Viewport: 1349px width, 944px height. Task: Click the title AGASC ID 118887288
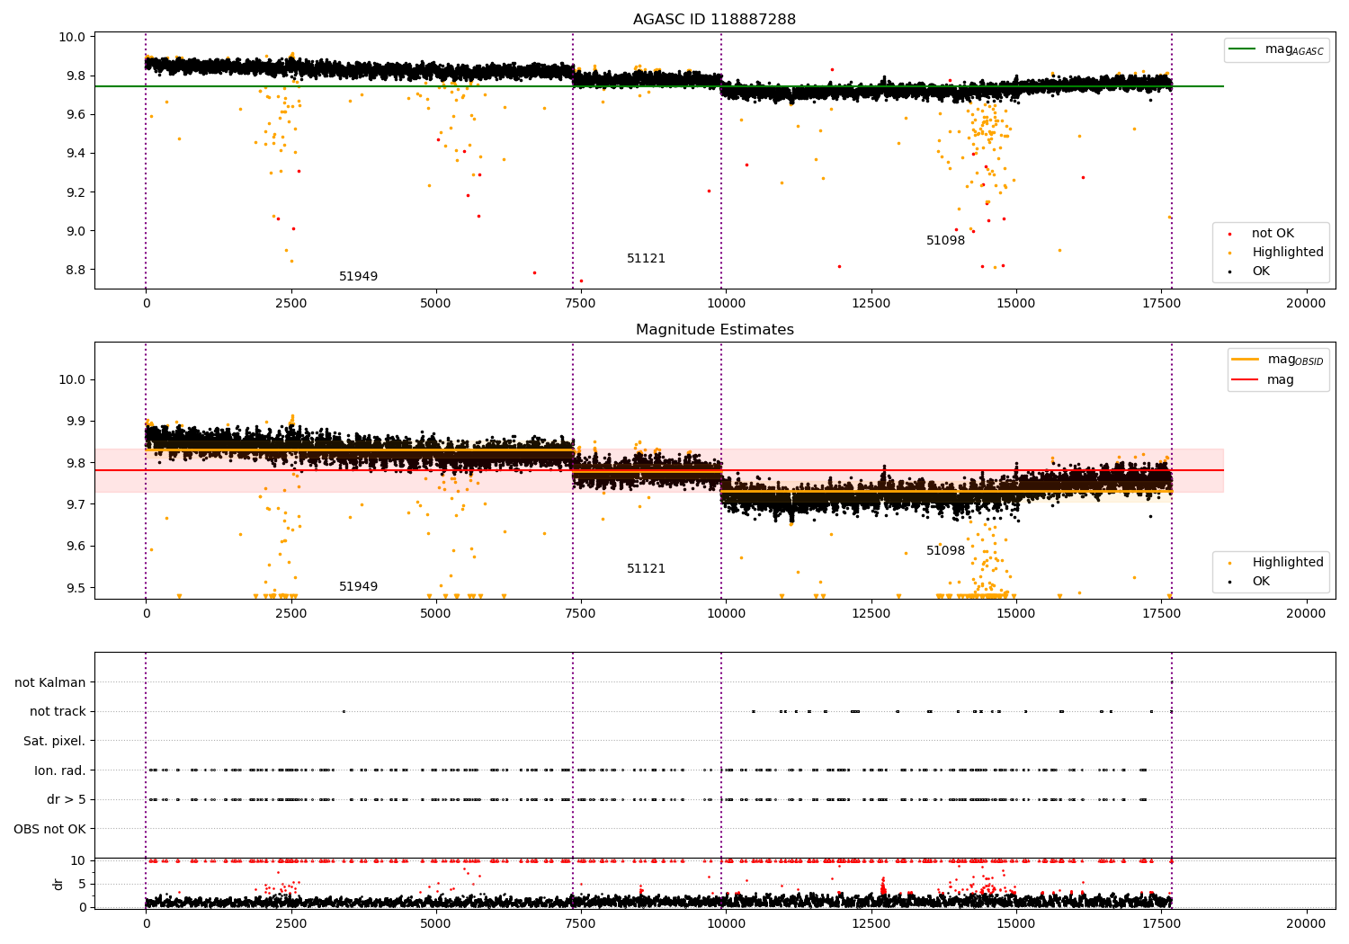pyautogui.click(x=714, y=20)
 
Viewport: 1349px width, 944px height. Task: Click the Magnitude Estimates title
pyautogui.click(x=714, y=330)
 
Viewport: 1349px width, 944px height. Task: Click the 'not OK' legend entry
pyautogui.click(x=1273, y=234)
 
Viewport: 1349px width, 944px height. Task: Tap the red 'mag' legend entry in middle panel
pyautogui.click(x=1280, y=379)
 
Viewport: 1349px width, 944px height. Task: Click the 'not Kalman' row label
pyautogui.click(x=50, y=682)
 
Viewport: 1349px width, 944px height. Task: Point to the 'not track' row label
pyautogui.click(x=58, y=711)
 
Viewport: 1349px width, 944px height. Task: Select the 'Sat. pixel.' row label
pyautogui.click(x=54, y=741)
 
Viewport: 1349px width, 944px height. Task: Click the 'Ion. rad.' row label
pyautogui.click(x=59, y=770)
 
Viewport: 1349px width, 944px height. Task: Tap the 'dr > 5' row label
pyautogui.click(x=66, y=799)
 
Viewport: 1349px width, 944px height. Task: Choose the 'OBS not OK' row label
pyautogui.click(x=49, y=829)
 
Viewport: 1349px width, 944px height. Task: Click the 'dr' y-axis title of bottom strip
pyautogui.click(x=58, y=884)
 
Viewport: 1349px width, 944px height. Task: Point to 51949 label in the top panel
pyautogui.click(x=358, y=277)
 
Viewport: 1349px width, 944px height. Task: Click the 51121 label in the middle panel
pyautogui.click(x=646, y=569)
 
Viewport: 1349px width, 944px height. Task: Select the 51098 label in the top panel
pyautogui.click(x=945, y=241)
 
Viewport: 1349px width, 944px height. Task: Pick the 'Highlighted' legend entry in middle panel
pyautogui.click(x=1287, y=563)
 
